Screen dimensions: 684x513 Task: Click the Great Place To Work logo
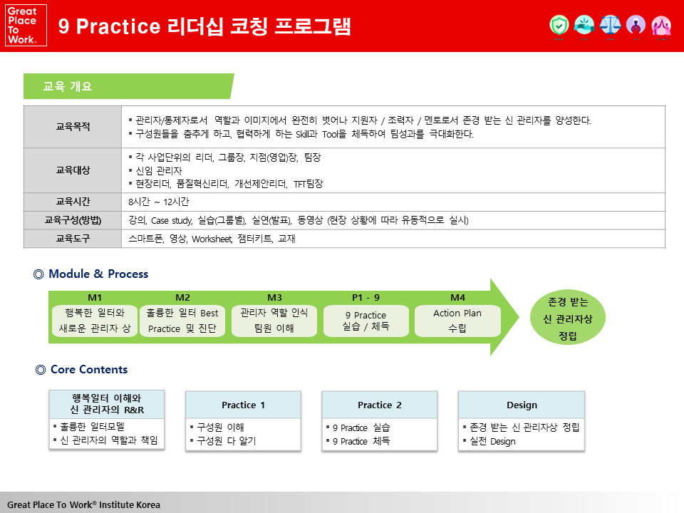click(x=26, y=26)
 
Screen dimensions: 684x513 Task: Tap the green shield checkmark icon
click(x=559, y=26)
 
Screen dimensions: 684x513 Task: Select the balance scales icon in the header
click(x=610, y=26)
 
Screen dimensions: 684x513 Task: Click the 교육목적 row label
click(x=73, y=127)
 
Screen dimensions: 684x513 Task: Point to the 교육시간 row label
click(x=73, y=202)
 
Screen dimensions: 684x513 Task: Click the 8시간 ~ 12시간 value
click(x=159, y=202)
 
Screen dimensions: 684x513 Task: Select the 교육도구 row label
click(x=73, y=239)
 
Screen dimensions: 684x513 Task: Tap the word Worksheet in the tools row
click(x=212, y=239)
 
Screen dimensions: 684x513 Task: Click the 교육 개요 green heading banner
click(x=128, y=86)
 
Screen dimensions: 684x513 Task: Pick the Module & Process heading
click(x=98, y=274)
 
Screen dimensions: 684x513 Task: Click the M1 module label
click(x=95, y=298)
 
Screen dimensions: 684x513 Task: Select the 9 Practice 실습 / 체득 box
click(x=366, y=321)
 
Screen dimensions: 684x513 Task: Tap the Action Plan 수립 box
click(x=457, y=321)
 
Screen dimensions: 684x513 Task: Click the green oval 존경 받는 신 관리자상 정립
click(x=568, y=318)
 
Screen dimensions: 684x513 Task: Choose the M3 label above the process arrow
click(x=274, y=298)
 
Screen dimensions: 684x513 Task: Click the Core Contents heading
click(x=89, y=370)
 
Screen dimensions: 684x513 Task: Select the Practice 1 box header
click(x=243, y=405)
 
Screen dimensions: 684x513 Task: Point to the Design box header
click(x=522, y=405)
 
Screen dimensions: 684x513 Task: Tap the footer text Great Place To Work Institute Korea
click(x=84, y=504)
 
